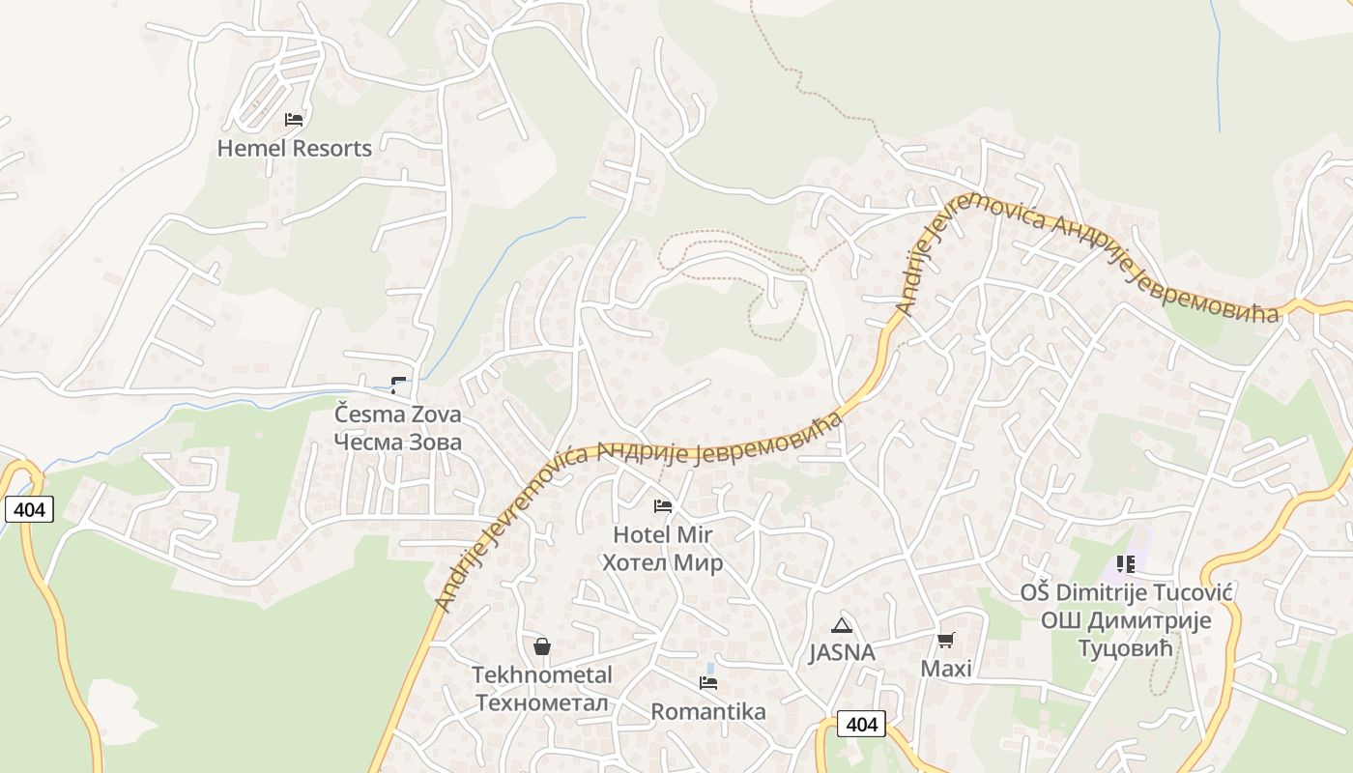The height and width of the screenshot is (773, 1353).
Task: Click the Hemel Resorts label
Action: pyautogui.click(x=294, y=149)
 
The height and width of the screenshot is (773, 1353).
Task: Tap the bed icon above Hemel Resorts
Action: pyautogui.click(x=294, y=120)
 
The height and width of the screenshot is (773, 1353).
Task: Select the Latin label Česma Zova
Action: pyautogui.click(x=397, y=415)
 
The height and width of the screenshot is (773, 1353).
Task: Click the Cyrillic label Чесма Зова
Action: pyautogui.click(x=397, y=442)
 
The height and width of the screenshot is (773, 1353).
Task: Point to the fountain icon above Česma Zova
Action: pyautogui.click(x=398, y=385)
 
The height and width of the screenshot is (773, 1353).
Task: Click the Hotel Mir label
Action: pyautogui.click(x=663, y=534)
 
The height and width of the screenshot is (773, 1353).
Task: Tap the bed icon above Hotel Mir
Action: pyautogui.click(x=663, y=505)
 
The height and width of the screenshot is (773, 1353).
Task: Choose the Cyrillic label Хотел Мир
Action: pyautogui.click(x=663, y=562)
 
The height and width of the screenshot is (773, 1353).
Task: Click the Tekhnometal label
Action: pyautogui.click(x=542, y=674)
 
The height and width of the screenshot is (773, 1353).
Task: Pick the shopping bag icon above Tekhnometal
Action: pyautogui.click(x=542, y=645)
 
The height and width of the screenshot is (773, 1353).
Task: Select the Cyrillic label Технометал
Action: pyautogui.click(x=542, y=702)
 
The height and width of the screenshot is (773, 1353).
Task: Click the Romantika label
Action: pyautogui.click(x=708, y=712)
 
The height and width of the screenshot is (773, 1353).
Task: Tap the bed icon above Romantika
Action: pyautogui.click(x=708, y=683)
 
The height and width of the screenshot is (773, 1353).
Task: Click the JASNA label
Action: pyautogui.click(x=842, y=653)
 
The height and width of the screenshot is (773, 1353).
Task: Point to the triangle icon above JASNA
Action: pyautogui.click(x=842, y=624)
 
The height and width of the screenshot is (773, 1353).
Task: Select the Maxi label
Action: pyautogui.click(x=946, y=669)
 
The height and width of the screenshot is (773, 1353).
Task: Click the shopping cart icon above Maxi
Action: pyautogui.click(x=946, y=640)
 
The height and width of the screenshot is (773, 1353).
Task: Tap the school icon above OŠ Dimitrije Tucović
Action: pyautogui.click(x=1125, y=563)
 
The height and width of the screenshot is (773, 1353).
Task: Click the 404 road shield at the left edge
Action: pyautogui.click(x=29, y=509)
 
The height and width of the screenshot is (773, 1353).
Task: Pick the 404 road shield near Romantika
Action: pyautogui.click(x=860, y=724)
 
